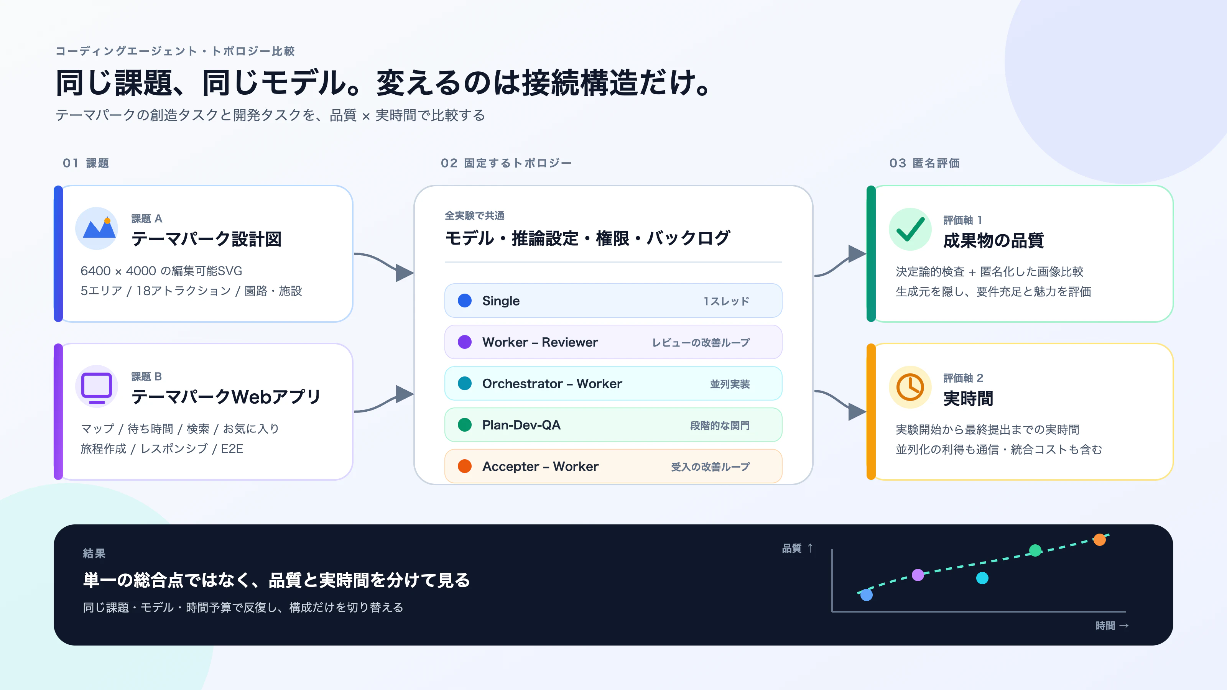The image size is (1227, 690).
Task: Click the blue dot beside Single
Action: click(x=464, y=301)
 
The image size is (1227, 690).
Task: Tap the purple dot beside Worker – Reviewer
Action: click(x=464, y=342)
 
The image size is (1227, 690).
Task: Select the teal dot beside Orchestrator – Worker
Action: click(x=464, y=383)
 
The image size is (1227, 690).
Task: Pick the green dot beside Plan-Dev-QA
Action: click(x=464, y=425)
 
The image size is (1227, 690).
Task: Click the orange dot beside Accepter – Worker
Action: click(x=464, y=466)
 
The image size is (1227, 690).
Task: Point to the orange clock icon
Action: click(x=910, y=387)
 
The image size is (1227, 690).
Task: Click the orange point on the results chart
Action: click(x=1099, y=539)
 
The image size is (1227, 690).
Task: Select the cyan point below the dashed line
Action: click(x=982, y=578)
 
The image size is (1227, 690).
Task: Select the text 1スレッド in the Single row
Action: click(x=726, y=301)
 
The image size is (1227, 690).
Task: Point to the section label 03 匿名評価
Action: click(x=924, y=163)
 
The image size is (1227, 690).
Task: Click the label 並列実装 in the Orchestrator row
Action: click(x=730, y=384)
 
